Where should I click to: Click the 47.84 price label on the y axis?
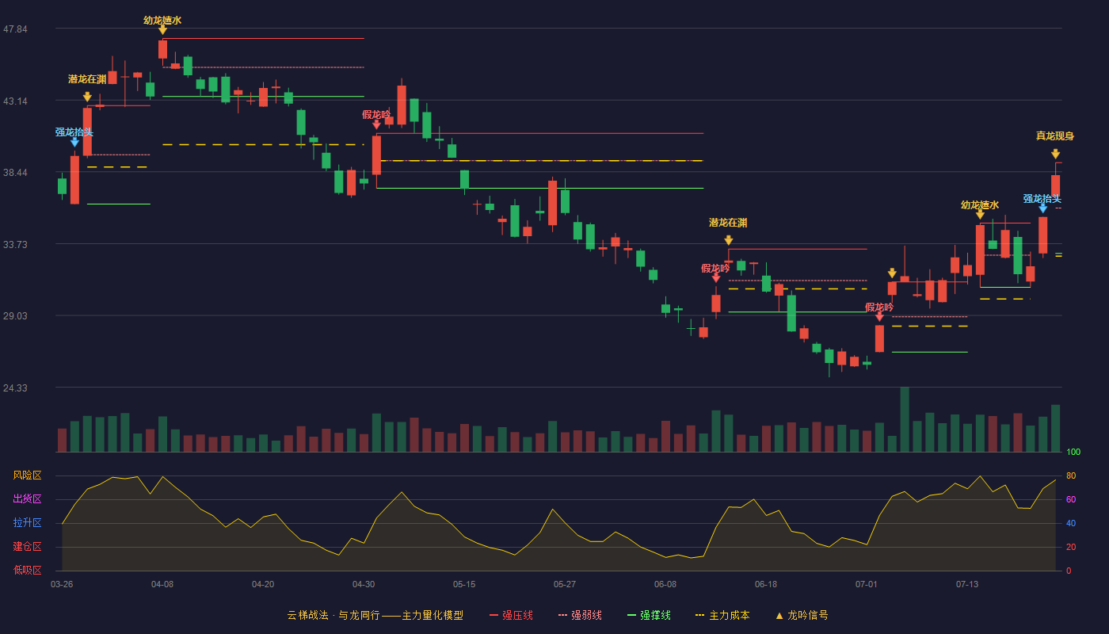pos(15,29)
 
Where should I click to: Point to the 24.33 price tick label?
pos(15,388)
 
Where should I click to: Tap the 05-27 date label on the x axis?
pos(564,585)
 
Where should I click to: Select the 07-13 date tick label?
pos(967,585)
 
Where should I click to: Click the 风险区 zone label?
pos(27,475)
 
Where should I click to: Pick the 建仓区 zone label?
pos(27,546)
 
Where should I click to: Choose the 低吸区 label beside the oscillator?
pos(27,570)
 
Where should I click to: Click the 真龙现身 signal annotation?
pos(1055,136)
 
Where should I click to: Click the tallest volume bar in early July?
pos(905,419)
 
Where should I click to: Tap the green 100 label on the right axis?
pos(1073,452)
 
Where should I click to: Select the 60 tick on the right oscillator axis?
pos(1071,499)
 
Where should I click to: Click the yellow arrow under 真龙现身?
pos(1055,154)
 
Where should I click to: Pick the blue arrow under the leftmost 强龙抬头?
pos(74,143)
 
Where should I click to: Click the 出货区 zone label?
pos(27,498)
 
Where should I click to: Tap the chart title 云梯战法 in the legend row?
pos(308,615)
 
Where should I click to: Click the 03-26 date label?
pos(62,585)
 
